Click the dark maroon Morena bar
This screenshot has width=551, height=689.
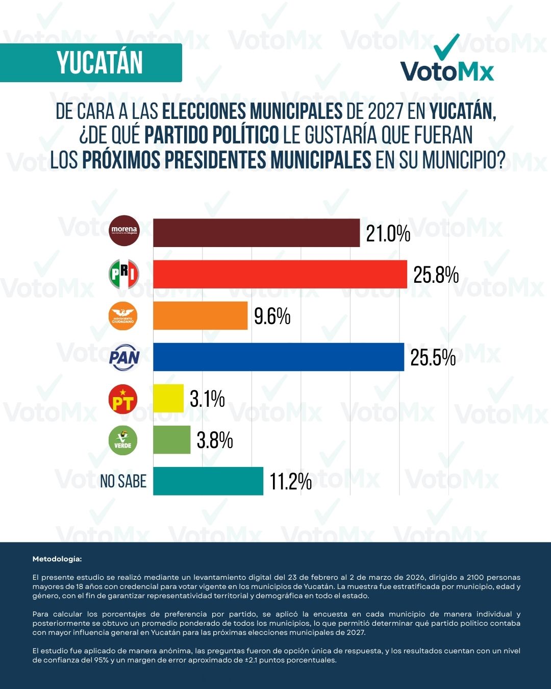(x=256, y=233)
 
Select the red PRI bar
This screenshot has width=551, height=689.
(x=280, y=274)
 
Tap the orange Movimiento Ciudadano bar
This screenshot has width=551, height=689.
(x=200, y=315)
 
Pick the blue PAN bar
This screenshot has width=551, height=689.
(x=278, y=357)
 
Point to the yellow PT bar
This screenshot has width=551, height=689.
(x=168, y=398)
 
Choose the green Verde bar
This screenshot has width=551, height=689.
(x=171, y=439)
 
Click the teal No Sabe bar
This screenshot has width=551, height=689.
(x=208, y=481)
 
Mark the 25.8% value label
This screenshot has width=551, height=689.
(x=436, y=275)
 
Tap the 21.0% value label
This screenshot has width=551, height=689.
(x=388, y=234)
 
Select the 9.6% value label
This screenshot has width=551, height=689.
(x=272, y=316)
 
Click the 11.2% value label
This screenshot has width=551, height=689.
(x=290, y=481)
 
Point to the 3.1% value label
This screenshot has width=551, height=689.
(x=207, y=399)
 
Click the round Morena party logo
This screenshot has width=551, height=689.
(x=124, y=231)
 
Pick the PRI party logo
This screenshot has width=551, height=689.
(x=124, y=274)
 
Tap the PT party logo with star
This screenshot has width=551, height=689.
(x=123, y=399)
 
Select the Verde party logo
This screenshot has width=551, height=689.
(x=123, y=440)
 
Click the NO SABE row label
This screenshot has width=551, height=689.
(x=123, y=481)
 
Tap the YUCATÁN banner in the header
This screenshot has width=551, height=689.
(x=99, y=63)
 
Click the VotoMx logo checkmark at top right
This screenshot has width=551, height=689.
(x=447, y=47)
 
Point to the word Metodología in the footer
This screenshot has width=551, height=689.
(x=57, y=559)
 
